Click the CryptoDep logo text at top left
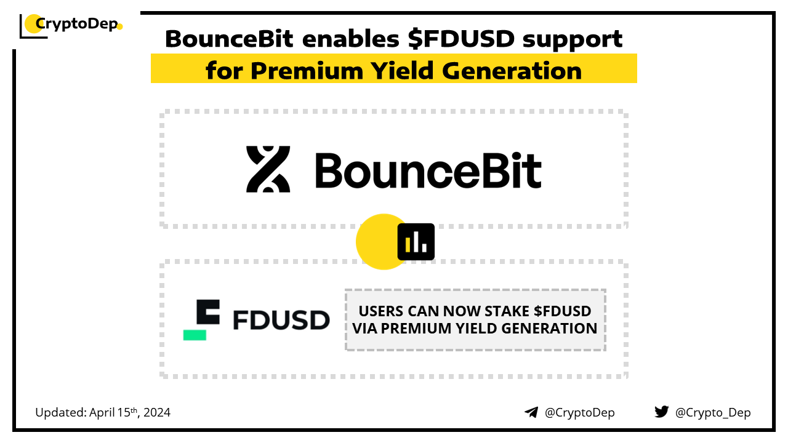[x=76, y=24]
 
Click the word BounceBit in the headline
[x=229, y=38]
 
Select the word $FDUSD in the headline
[x=461, y=38]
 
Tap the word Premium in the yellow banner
[x=307, y=71]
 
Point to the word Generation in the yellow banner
[x=512, y=71]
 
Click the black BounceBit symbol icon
[x=268, y=169]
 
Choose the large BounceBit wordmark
[x=428, y=170]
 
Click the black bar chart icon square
[x=416, y=242]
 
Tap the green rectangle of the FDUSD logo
[x=195, y=335]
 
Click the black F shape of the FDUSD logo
[x=208, y=312]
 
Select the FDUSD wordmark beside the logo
[x=281, y=319]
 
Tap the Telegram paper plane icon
[x=531, y=412]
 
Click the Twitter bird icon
[x=662, y=412]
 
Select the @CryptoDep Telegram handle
[x=580, y=412]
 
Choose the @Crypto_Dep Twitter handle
[x=713, y=412]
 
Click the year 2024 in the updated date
[x=157, y=412]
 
